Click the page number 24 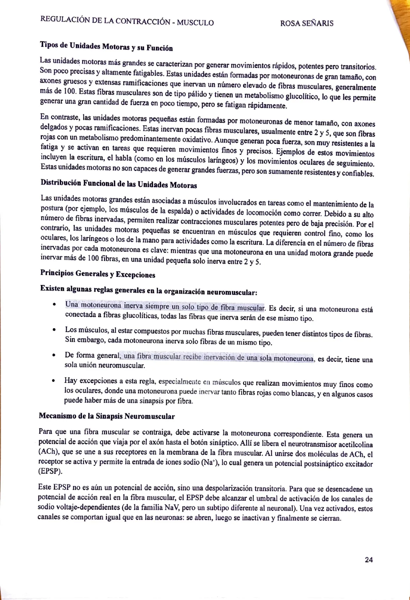(369, 560)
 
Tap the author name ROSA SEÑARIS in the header (307, 24)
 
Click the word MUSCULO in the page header (195, 23)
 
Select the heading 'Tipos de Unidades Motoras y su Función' (106, 46)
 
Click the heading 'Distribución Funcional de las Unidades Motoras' (119, 184)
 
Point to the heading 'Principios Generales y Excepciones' (98, 274)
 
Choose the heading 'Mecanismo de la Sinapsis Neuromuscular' (107, 416)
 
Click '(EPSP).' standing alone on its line (50, 471)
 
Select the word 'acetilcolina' (354, 444)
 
